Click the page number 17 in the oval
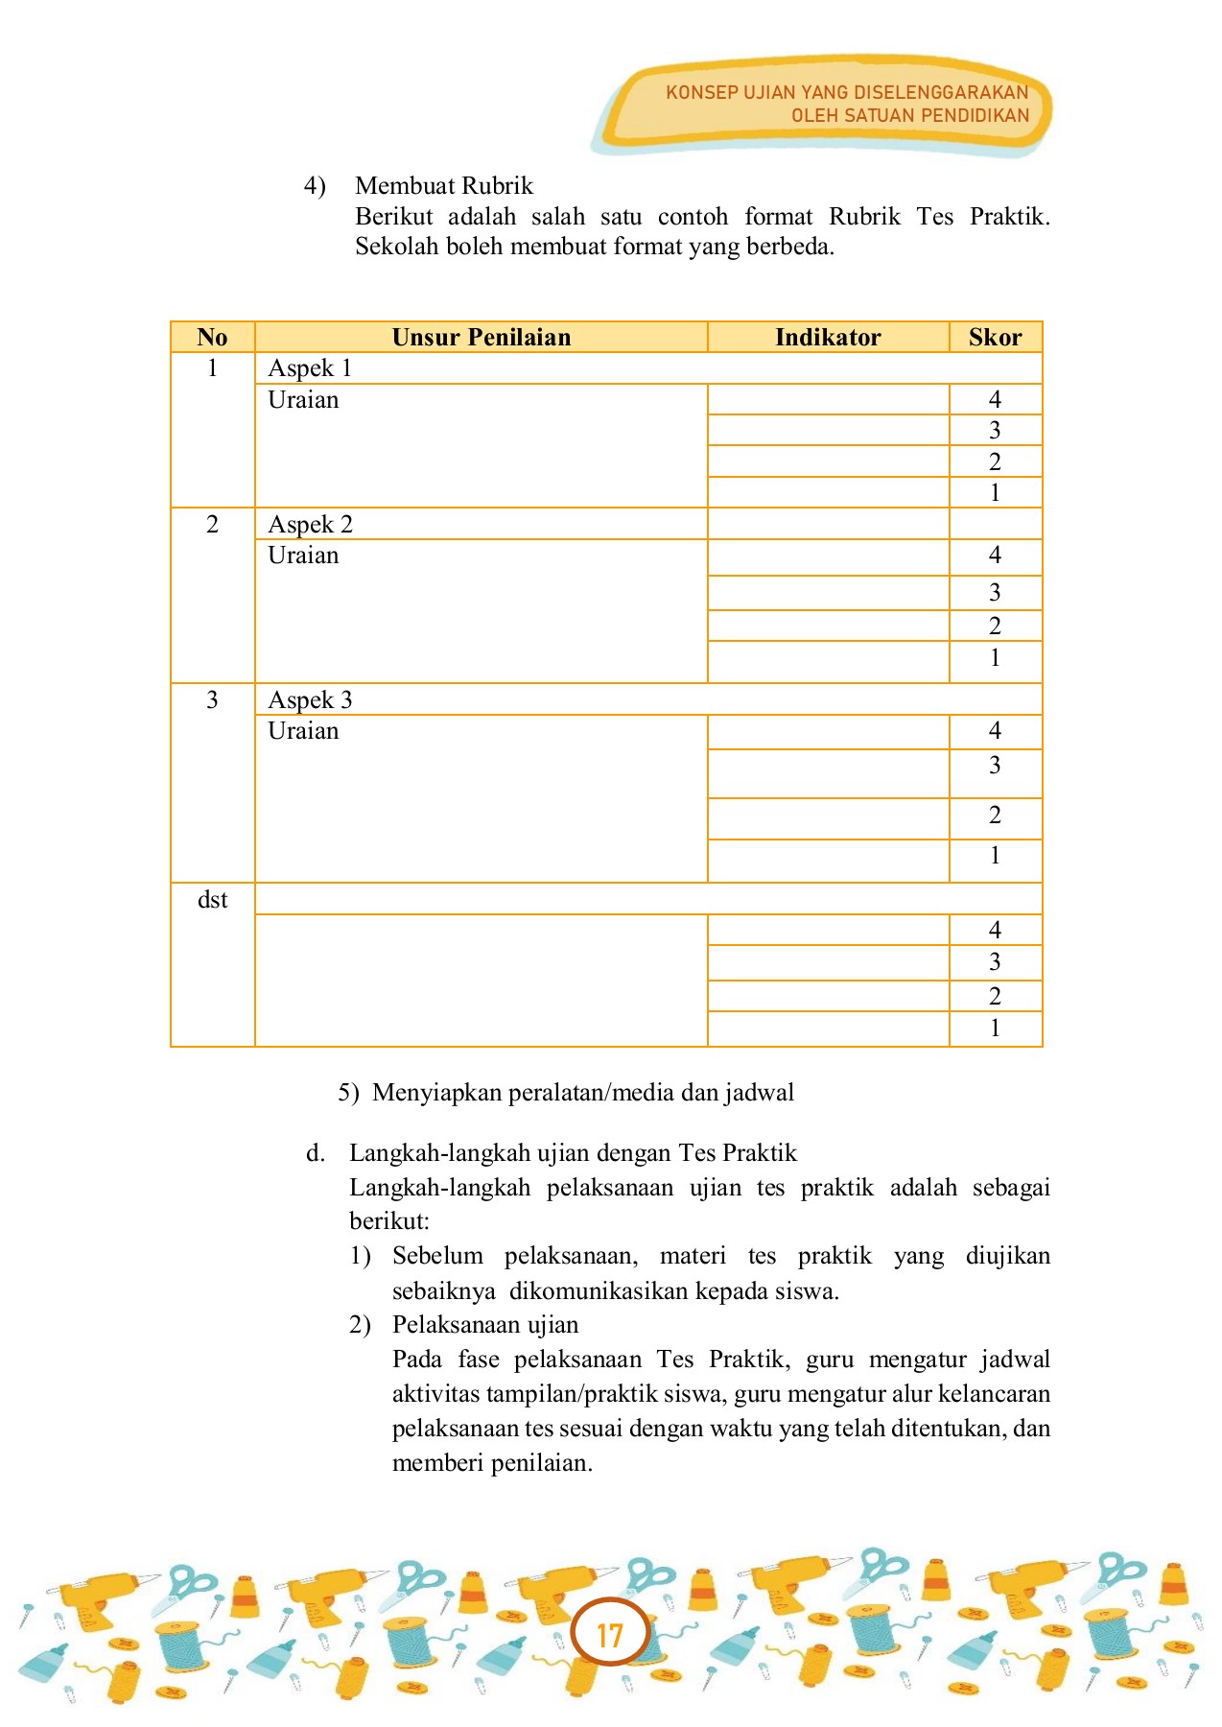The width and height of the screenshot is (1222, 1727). (610, 1634)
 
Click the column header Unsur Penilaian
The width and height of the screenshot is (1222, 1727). (481, 337)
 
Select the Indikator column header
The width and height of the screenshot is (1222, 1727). (828, 337)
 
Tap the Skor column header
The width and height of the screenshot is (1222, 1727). (995, 337)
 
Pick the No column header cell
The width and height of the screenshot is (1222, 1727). (212, 337)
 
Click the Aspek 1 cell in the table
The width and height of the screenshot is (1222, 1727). (310, 368)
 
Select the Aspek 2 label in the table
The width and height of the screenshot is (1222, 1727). (310, 525)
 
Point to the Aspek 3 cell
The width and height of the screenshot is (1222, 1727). (310, 700)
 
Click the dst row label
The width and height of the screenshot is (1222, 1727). (212, 900)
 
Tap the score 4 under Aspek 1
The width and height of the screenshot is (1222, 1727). (995, 399)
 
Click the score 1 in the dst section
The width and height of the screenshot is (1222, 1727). (995, 1029)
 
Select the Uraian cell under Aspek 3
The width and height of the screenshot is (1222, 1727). (303, 731)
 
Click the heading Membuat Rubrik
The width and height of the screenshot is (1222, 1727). (443, 185)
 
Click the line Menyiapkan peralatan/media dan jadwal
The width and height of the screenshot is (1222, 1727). (582, 1093)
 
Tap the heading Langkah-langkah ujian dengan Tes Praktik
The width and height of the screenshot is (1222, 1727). (573, 1152)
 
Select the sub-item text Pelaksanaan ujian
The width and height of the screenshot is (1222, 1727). (485, 1325)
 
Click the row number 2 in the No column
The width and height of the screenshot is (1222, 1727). (212, 525)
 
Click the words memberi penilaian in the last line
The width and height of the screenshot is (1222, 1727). (492, 1463)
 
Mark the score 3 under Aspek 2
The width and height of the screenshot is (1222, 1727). (995, 593)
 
